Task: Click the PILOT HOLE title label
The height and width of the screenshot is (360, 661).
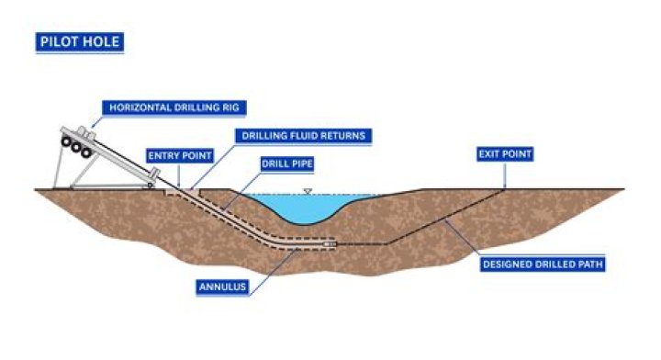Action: click(x=80, y=42)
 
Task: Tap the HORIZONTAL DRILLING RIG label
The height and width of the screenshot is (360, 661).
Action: click(x=174, y=107)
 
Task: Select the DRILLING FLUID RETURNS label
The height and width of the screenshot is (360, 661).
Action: click(x=304, y=136)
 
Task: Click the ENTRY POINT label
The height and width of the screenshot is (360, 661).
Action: click(x=180, y=155)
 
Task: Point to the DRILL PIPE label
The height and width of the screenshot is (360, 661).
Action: click(x=287, y=163)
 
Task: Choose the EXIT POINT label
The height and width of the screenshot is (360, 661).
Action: click(x=505, y=154)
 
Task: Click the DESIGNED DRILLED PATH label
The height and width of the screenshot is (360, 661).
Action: click(x=543, y=264)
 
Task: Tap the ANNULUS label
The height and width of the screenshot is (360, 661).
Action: click(x=222, y=287)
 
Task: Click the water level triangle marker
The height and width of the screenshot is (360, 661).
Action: click(x=308, y=192)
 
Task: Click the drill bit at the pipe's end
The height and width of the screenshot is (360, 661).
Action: click(x=330, y=243)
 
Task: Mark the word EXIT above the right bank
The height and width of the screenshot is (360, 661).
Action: click(x=489, y=154)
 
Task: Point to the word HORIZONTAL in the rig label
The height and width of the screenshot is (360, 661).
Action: click(x=135, y=107)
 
